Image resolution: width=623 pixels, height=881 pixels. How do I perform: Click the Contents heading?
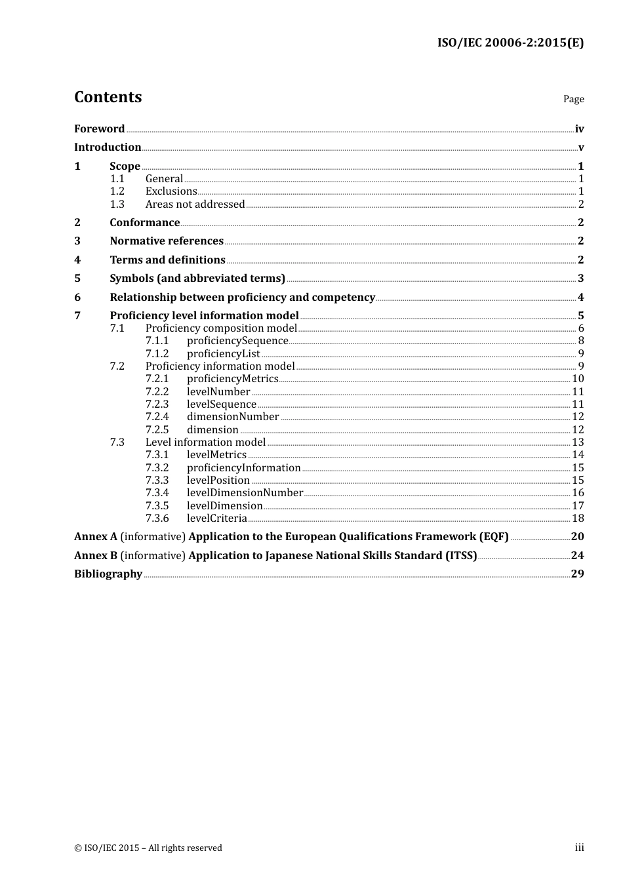pyautogui.click(x=108, y=97)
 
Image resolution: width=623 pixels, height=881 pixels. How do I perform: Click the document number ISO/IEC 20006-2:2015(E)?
pyautogui.click(x=510, y=43)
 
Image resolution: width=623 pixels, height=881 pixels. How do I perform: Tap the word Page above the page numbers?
pyautogui.click(x=573, y=99)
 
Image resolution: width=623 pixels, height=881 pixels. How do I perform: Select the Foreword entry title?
pyautogui.click(x=99, y=129)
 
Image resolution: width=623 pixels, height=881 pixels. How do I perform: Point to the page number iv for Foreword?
pyautogui.click(x=579, y=129)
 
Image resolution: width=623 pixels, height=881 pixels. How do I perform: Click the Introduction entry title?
pyautogui.click(x=108, y=147)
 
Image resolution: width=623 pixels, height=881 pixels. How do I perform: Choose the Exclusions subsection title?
pyautogui.click(x=171, y=191)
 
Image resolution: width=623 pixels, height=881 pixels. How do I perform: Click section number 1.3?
pyautogui.click(x=117, y=205)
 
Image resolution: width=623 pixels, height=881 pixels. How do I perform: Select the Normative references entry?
pyautogui.click(x=167, y=241)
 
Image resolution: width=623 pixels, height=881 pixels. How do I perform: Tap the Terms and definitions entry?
pyautogui.click(x=167, y=260)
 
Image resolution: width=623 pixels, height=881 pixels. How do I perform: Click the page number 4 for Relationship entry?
pyautogui.click(x=580, y=298)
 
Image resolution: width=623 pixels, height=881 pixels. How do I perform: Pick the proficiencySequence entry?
pyautogui.click(x=237, y=341)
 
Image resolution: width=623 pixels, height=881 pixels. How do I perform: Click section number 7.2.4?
pyautogui.click(x=157, y=417)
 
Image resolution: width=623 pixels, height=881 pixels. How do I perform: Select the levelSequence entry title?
pyautogui.click(x=221, y=404)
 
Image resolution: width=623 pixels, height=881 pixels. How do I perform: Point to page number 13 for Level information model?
pyautogui.click(x=578, y=442)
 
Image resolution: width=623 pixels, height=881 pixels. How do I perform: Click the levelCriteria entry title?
pyautogui.click(x=216, y=519)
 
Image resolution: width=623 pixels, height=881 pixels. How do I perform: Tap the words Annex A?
pyautogui.click(x=96, y=537)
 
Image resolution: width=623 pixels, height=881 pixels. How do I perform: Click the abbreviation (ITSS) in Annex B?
pyautogui.click(x=461, y=556)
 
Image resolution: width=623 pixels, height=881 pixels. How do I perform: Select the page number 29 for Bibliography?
pyautogui.click(x=577, y=574)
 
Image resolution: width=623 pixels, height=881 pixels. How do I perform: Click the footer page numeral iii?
pyautogui.click(x=579, y=848)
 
